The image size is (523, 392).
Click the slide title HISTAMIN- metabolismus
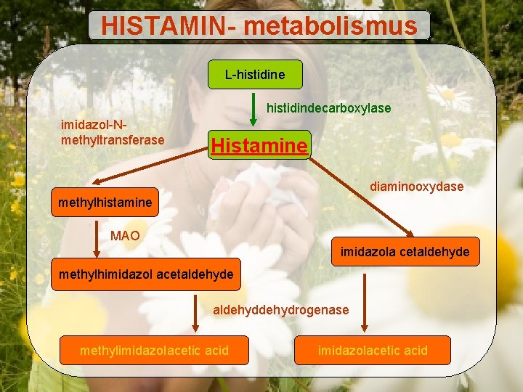(259, 26)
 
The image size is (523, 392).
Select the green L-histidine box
(254, 74)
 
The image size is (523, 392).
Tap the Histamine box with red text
(259, 145)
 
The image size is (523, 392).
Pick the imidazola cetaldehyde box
(405, 252)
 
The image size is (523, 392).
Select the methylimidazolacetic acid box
(154, 351)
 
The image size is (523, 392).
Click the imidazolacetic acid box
(373, 351)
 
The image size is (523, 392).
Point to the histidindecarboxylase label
(328, 108)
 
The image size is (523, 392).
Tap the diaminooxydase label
(416, 187)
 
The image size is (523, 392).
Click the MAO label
(125, 236)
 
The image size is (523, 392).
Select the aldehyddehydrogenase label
(280, 310)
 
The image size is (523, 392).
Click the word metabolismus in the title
(331, 26)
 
